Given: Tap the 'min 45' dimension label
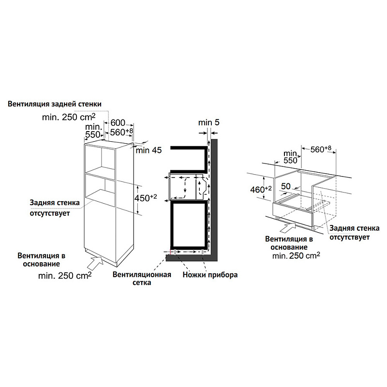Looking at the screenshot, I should click(149, 150).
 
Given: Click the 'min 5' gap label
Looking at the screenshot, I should click(209, 123).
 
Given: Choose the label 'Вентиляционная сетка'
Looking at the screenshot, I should click(142, 279).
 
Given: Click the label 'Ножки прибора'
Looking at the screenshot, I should click(210, 275).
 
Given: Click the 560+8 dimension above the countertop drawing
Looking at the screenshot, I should click(320, 149).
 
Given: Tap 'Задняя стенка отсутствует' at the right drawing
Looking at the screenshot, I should click(350, 232).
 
